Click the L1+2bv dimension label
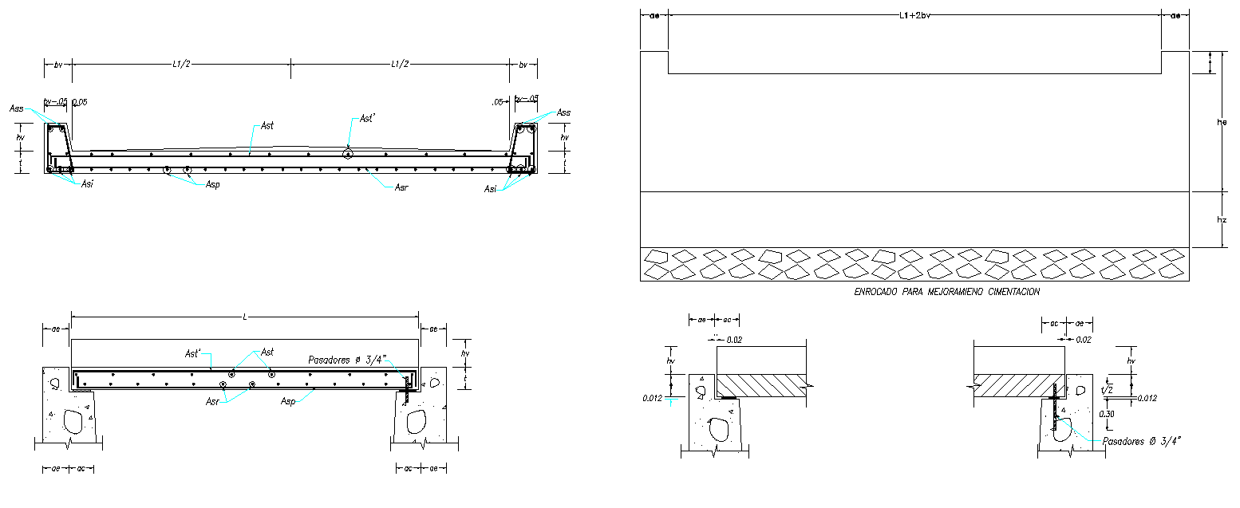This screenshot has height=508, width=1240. pyautogui.click(x=914, y=15)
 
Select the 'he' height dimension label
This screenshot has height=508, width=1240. pyautogui.click(x=1221, y=123)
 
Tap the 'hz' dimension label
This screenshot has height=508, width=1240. pyautogui.click(x=1222, y=220)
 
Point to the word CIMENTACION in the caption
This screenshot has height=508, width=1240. pyautogui.click(x=1012, y=293)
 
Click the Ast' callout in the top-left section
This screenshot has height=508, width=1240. pyautogui.click(x=367, y=119)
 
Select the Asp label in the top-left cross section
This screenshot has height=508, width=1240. pyautogui.click(x=213, y=184)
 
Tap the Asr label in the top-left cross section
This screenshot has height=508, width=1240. pyautogui.click(x=401, y=188)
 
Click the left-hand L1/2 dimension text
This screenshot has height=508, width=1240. pyautogui.click(x=181, y=65)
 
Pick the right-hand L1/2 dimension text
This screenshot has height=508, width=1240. pyautogui.click(x=401, y=65)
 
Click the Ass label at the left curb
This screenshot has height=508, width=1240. pyautogui.click(x=16, y=108)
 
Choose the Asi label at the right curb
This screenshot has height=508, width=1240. pyautogui.click(x=490, y=189)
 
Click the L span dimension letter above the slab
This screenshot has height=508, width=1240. pyautogui.click(x=245, y=317)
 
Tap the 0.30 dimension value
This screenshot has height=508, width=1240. pyautogui.click(x=1107, y=415)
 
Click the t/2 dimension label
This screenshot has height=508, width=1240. pyautogui.click(x=1106, y=392)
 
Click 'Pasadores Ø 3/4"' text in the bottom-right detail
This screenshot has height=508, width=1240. pyautogui.click(x=1141, y=440)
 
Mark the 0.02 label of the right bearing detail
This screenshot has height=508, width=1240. pyautogui.click(x=1084, y=340)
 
